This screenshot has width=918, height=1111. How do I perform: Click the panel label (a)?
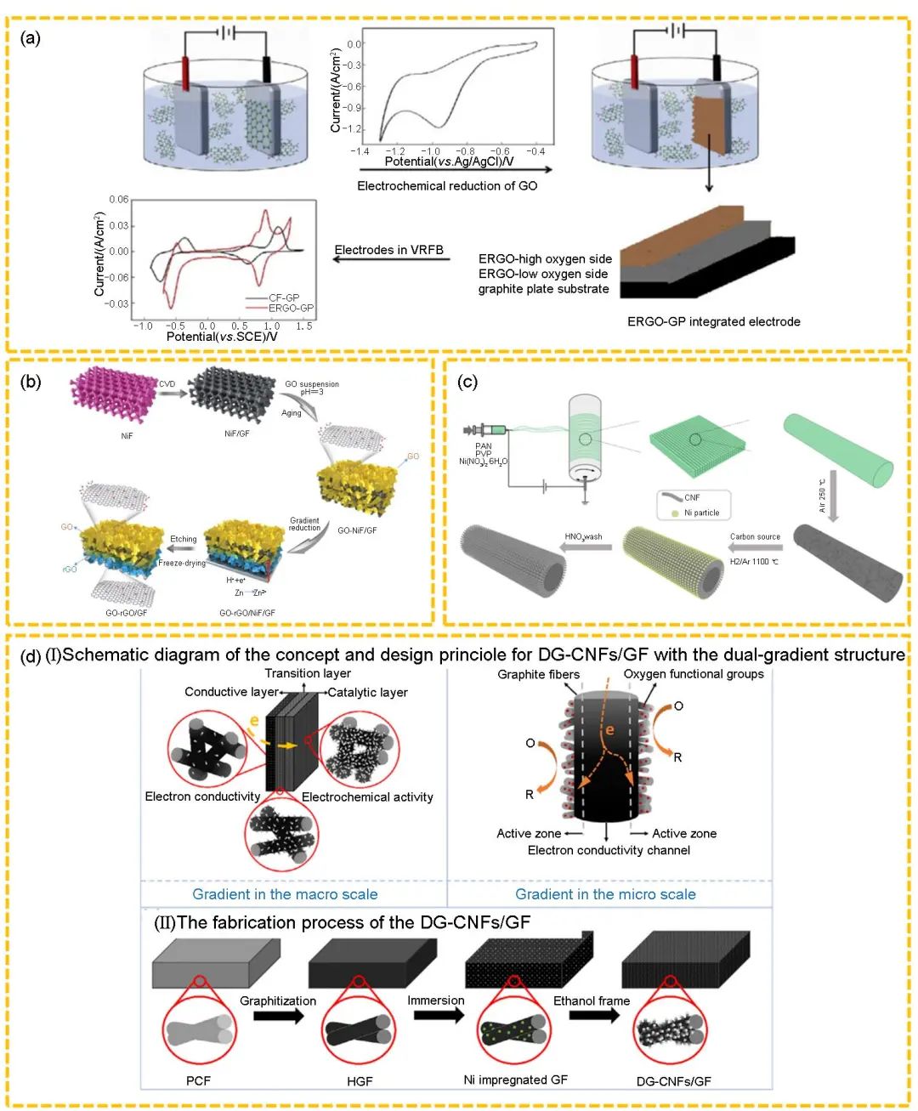pyautogui.click(x=31, y=38)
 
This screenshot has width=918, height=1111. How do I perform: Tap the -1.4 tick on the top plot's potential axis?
pyautogui.click(x=360, y=151)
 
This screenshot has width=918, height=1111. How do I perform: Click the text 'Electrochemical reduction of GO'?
pyautogui.click(x=447, y=185)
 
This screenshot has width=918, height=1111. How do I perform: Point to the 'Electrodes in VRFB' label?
pyautogui.click(x=389, y=250)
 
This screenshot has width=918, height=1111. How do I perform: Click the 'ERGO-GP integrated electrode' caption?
pyautogui.click(x=713, y=321)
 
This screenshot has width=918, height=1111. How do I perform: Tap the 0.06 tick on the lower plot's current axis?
pyautogui.click(x=119, y=200)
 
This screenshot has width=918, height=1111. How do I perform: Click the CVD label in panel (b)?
pyautogui.click(x=167, y=384)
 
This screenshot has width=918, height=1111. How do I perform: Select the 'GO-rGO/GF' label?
pyautogui.click(x=127, y=612)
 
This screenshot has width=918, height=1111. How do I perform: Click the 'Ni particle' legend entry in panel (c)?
pyautogui.click(x=700, y=513)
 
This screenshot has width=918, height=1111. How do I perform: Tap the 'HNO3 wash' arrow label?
pyautogui.click(x=583, y=536)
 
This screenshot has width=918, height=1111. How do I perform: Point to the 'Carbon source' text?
pyautogui.click(x=755, y=536)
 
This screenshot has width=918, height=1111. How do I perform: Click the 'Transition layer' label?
pyautogui.click(x=308, y=673)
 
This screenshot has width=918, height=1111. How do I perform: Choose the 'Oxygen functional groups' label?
pyautogui.click(x=694, y=674)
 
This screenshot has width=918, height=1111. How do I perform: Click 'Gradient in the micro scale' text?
pyautogui.click(x=605, y=894)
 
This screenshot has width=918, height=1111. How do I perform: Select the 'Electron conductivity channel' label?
pyautogui.click(x=609, y=850)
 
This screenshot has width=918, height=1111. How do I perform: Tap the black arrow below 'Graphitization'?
pyautogui.click(x=278, y=1016)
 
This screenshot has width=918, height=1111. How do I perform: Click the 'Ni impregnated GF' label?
pyautogui.click(x=515, y=1080)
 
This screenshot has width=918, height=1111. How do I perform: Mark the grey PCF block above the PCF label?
pyautogui.click(x=216, y=963)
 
